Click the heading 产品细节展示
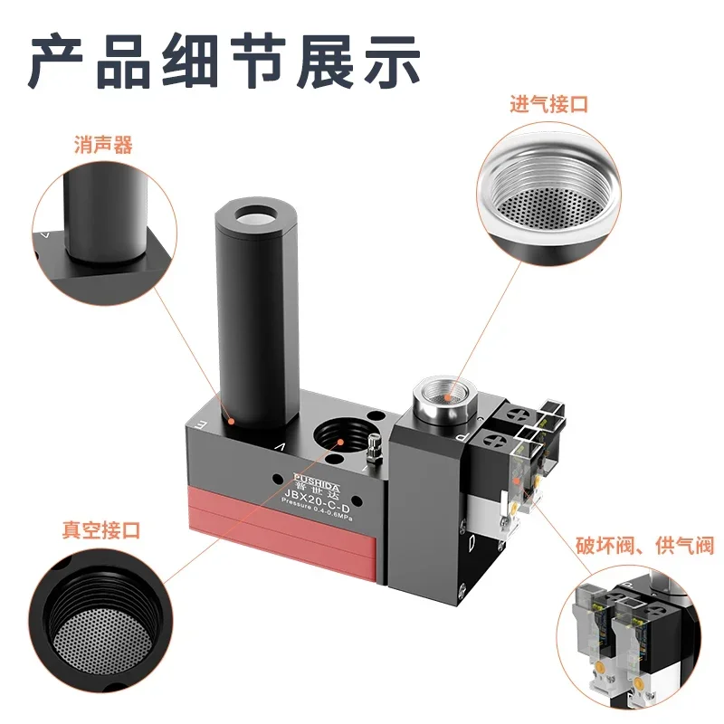(224, 61)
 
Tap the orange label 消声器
(103, 145)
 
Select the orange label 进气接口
(549, 104)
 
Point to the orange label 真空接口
(101, 530)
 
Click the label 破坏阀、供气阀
(644, 546)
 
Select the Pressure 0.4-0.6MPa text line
(317, 510)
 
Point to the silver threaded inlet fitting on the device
(441, 402)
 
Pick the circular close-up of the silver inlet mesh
(549, 194)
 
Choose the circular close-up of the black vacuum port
(100, 620)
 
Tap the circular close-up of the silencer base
(105, 233)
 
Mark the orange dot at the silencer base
(232, 421)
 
